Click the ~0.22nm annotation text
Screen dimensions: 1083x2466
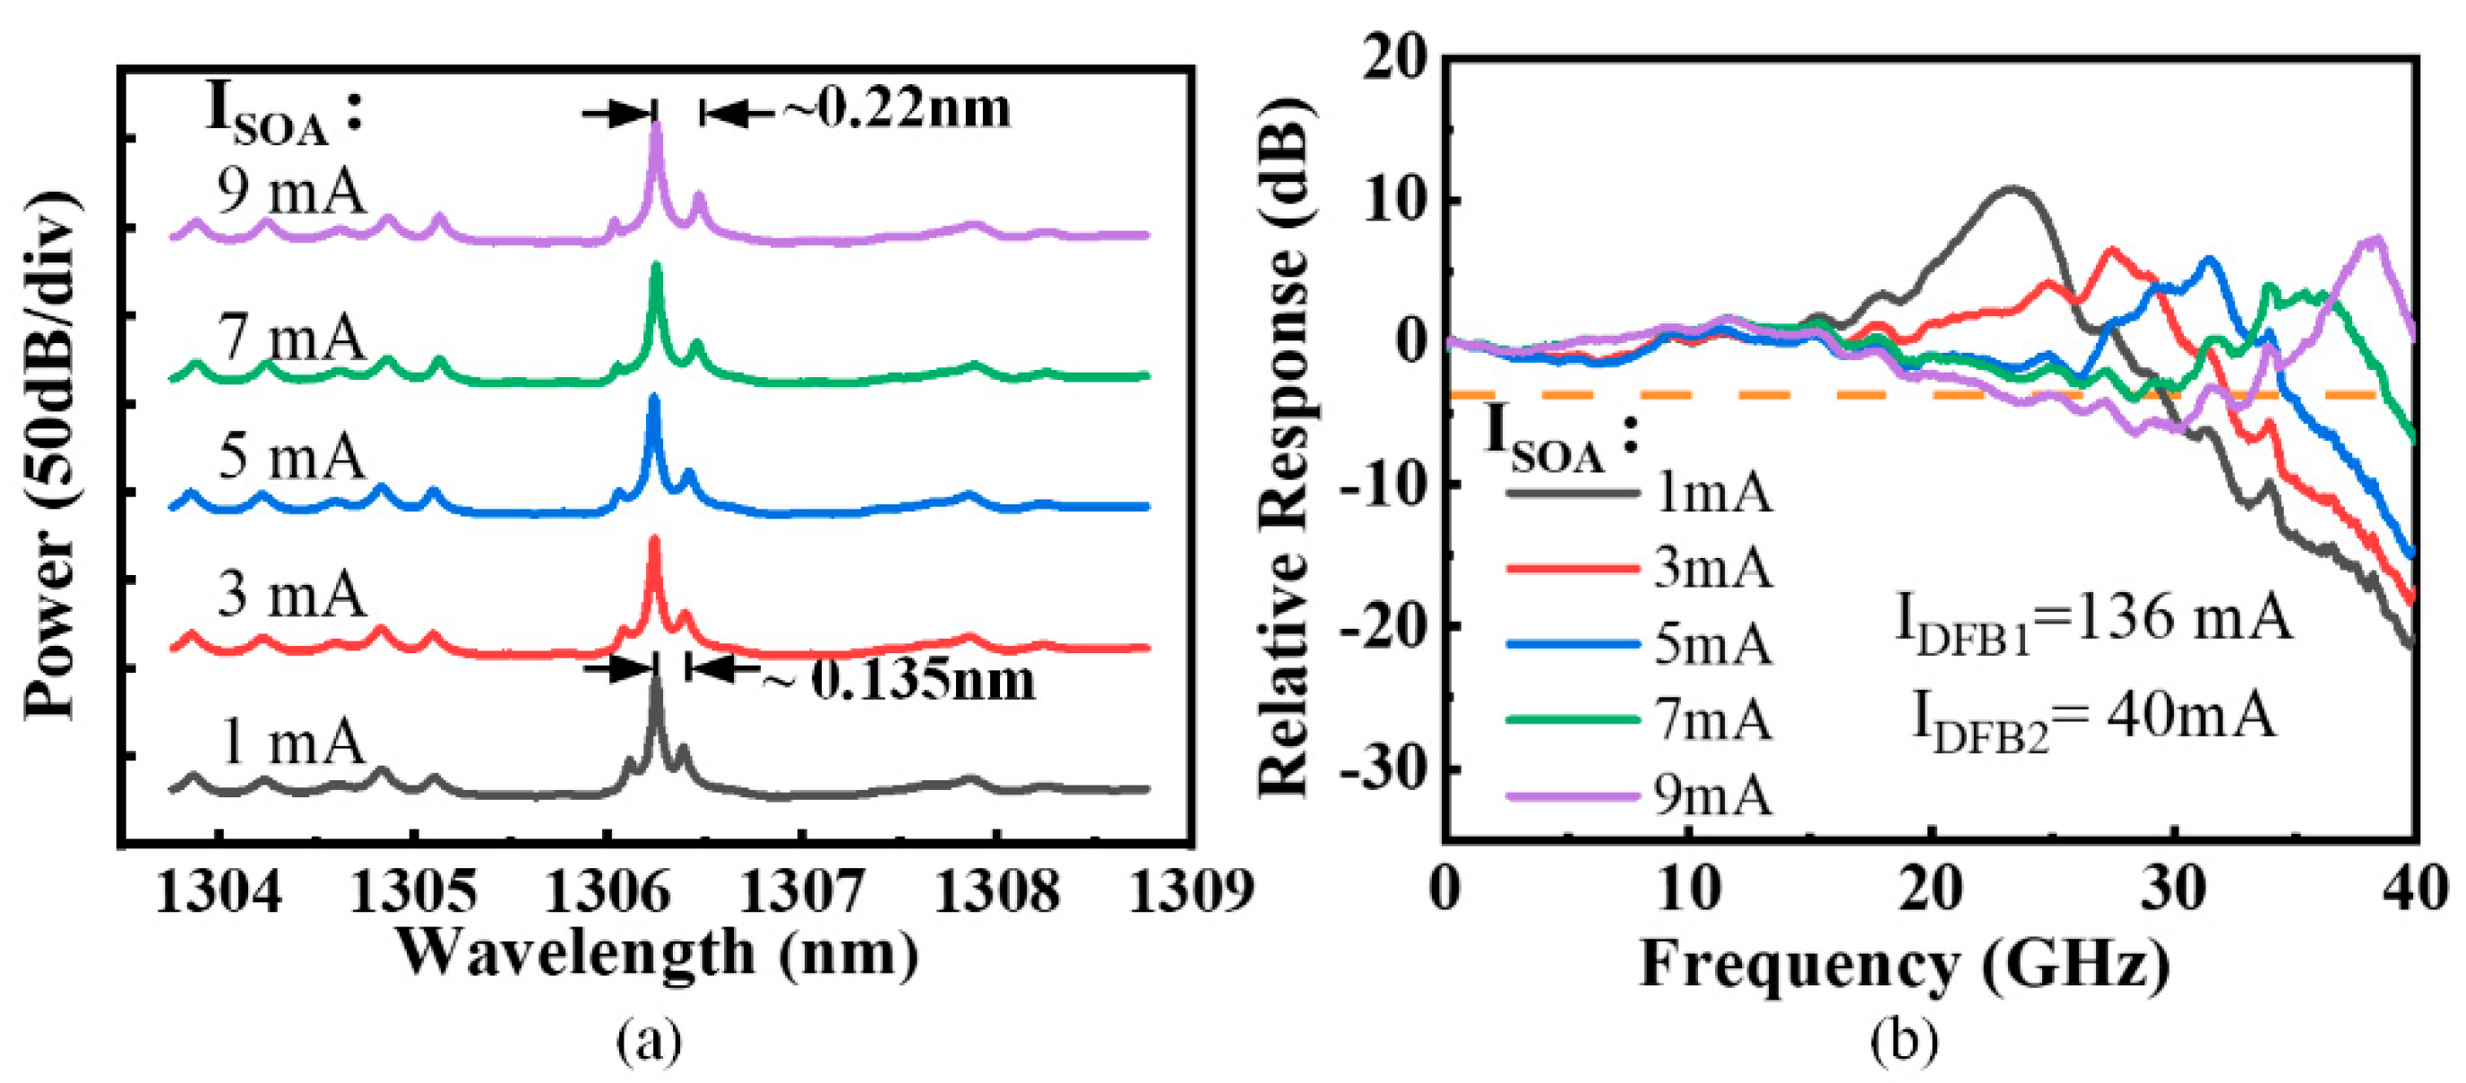coord(896,108)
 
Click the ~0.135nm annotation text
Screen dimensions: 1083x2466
coord(900,679)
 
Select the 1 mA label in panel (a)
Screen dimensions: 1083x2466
coord(292,742)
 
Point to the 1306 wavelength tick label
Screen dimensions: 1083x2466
coord(607,891)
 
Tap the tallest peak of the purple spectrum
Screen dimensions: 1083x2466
coord(656,129)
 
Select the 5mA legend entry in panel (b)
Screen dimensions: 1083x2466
coord(1639,643)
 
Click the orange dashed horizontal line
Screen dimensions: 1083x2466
coord(1723,394)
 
